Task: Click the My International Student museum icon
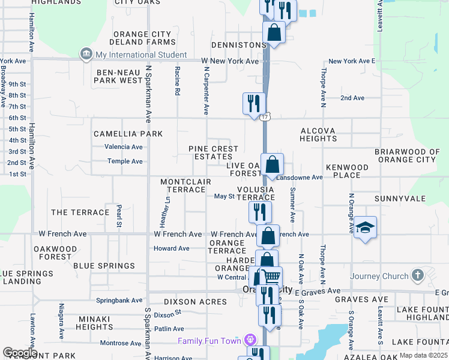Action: click(x=86, y=55)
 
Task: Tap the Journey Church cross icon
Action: click(x=418, y=276)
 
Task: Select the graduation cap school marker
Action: click(x=365, y=228)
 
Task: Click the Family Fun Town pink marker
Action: click(x=250, y=341)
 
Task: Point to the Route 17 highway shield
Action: click(x=265, y=116)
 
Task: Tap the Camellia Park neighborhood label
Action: click(x=127, y=134)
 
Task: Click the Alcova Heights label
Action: click(x=318, y=134)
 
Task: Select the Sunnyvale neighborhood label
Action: click(x=399, y=198)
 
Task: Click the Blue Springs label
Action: click(x=104, y=265)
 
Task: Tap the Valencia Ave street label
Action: click(x=124, y=147)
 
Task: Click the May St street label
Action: click(x=224, y=196)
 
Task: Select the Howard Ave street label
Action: click(x=172, y=248)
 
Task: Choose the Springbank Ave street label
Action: click(x=119, y=300)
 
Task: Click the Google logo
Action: click(x=20, y=353)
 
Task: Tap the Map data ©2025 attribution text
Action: click(x=423, y=355)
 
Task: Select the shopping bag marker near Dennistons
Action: click(x=274, y=32)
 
